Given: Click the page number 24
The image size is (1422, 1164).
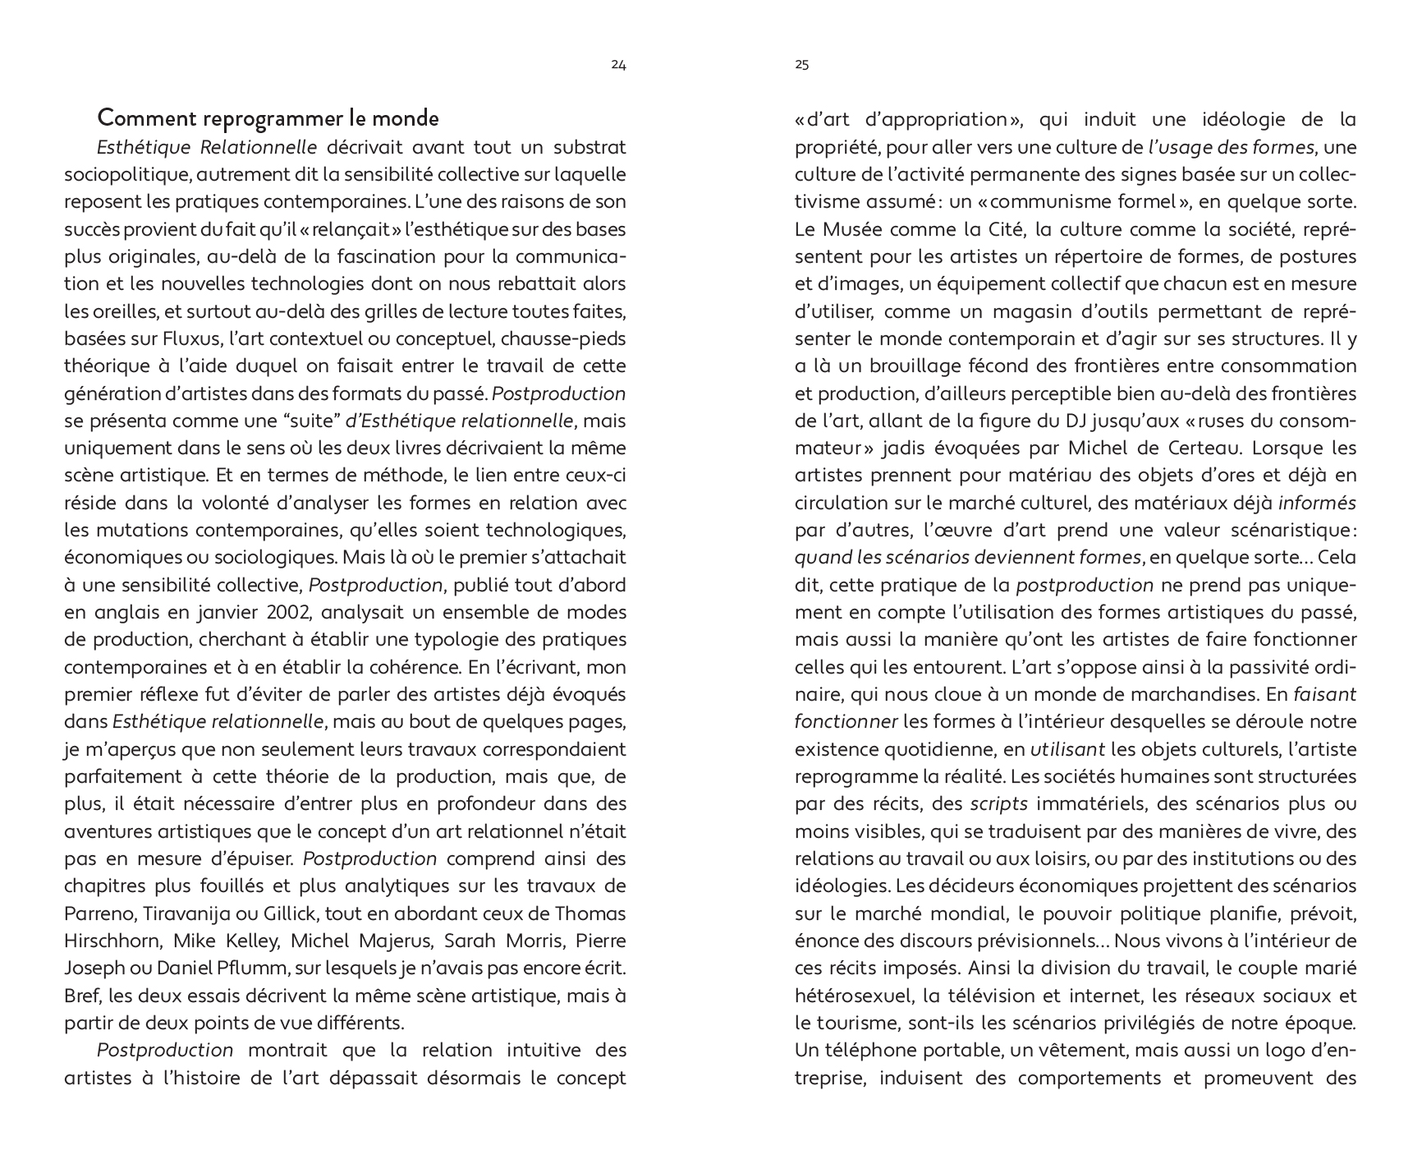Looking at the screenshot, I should pyautogui.click(x=619, y=66).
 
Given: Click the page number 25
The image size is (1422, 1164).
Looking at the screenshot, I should pyautogui.click(x=802, y=66).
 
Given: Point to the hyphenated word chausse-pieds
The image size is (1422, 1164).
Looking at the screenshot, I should pyautogui.click(x=567, y=338).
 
